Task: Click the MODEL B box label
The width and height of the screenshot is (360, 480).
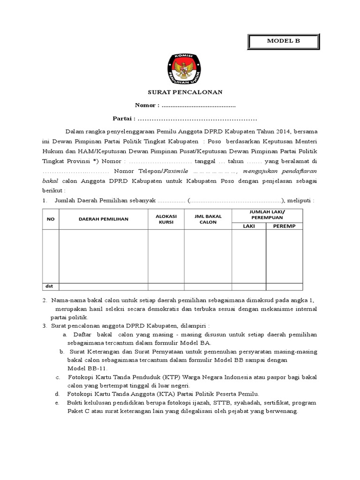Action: (x=283, y=42)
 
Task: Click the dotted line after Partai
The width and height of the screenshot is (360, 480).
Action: (x=197, y=118)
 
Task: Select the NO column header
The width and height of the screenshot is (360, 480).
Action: (x=51, y=219)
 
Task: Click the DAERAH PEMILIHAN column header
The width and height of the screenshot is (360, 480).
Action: (x=103, y=219)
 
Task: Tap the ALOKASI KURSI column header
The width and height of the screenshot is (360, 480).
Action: (x=166, y=219)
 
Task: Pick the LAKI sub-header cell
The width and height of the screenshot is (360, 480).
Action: (x=248, y=226)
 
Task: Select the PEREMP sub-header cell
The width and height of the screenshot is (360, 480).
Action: (x=285, y=226)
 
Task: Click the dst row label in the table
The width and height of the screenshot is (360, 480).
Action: (x=49, y=286)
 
